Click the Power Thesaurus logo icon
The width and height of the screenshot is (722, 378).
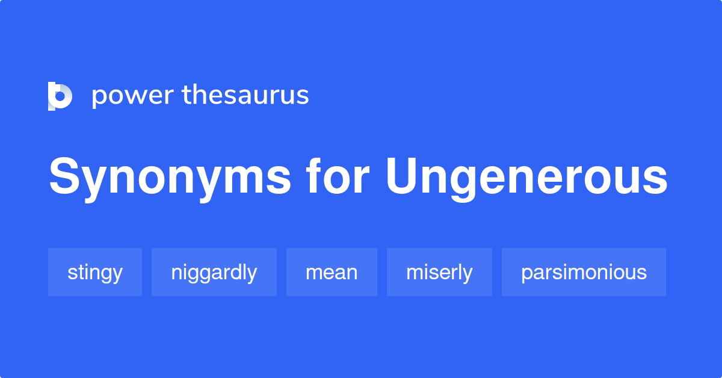pos(60,96)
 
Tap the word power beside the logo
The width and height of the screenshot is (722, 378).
pos(132,96)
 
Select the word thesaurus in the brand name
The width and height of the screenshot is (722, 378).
pos(245,95)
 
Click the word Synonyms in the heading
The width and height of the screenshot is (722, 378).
pos(170,178)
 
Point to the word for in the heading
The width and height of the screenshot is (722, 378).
pos(337,178)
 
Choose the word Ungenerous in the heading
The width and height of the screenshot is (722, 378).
pos(526,178)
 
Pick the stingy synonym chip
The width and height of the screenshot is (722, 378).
pos(95,272)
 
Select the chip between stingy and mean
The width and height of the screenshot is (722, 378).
pos(214,272)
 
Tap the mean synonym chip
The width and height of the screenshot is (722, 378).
pos(332,272)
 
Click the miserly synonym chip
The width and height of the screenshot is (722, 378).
pos(439,272)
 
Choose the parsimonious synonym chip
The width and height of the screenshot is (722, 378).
pos(584,272)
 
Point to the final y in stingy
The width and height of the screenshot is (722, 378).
pos(117,274)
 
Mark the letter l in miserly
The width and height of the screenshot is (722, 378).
pos(458,272)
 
